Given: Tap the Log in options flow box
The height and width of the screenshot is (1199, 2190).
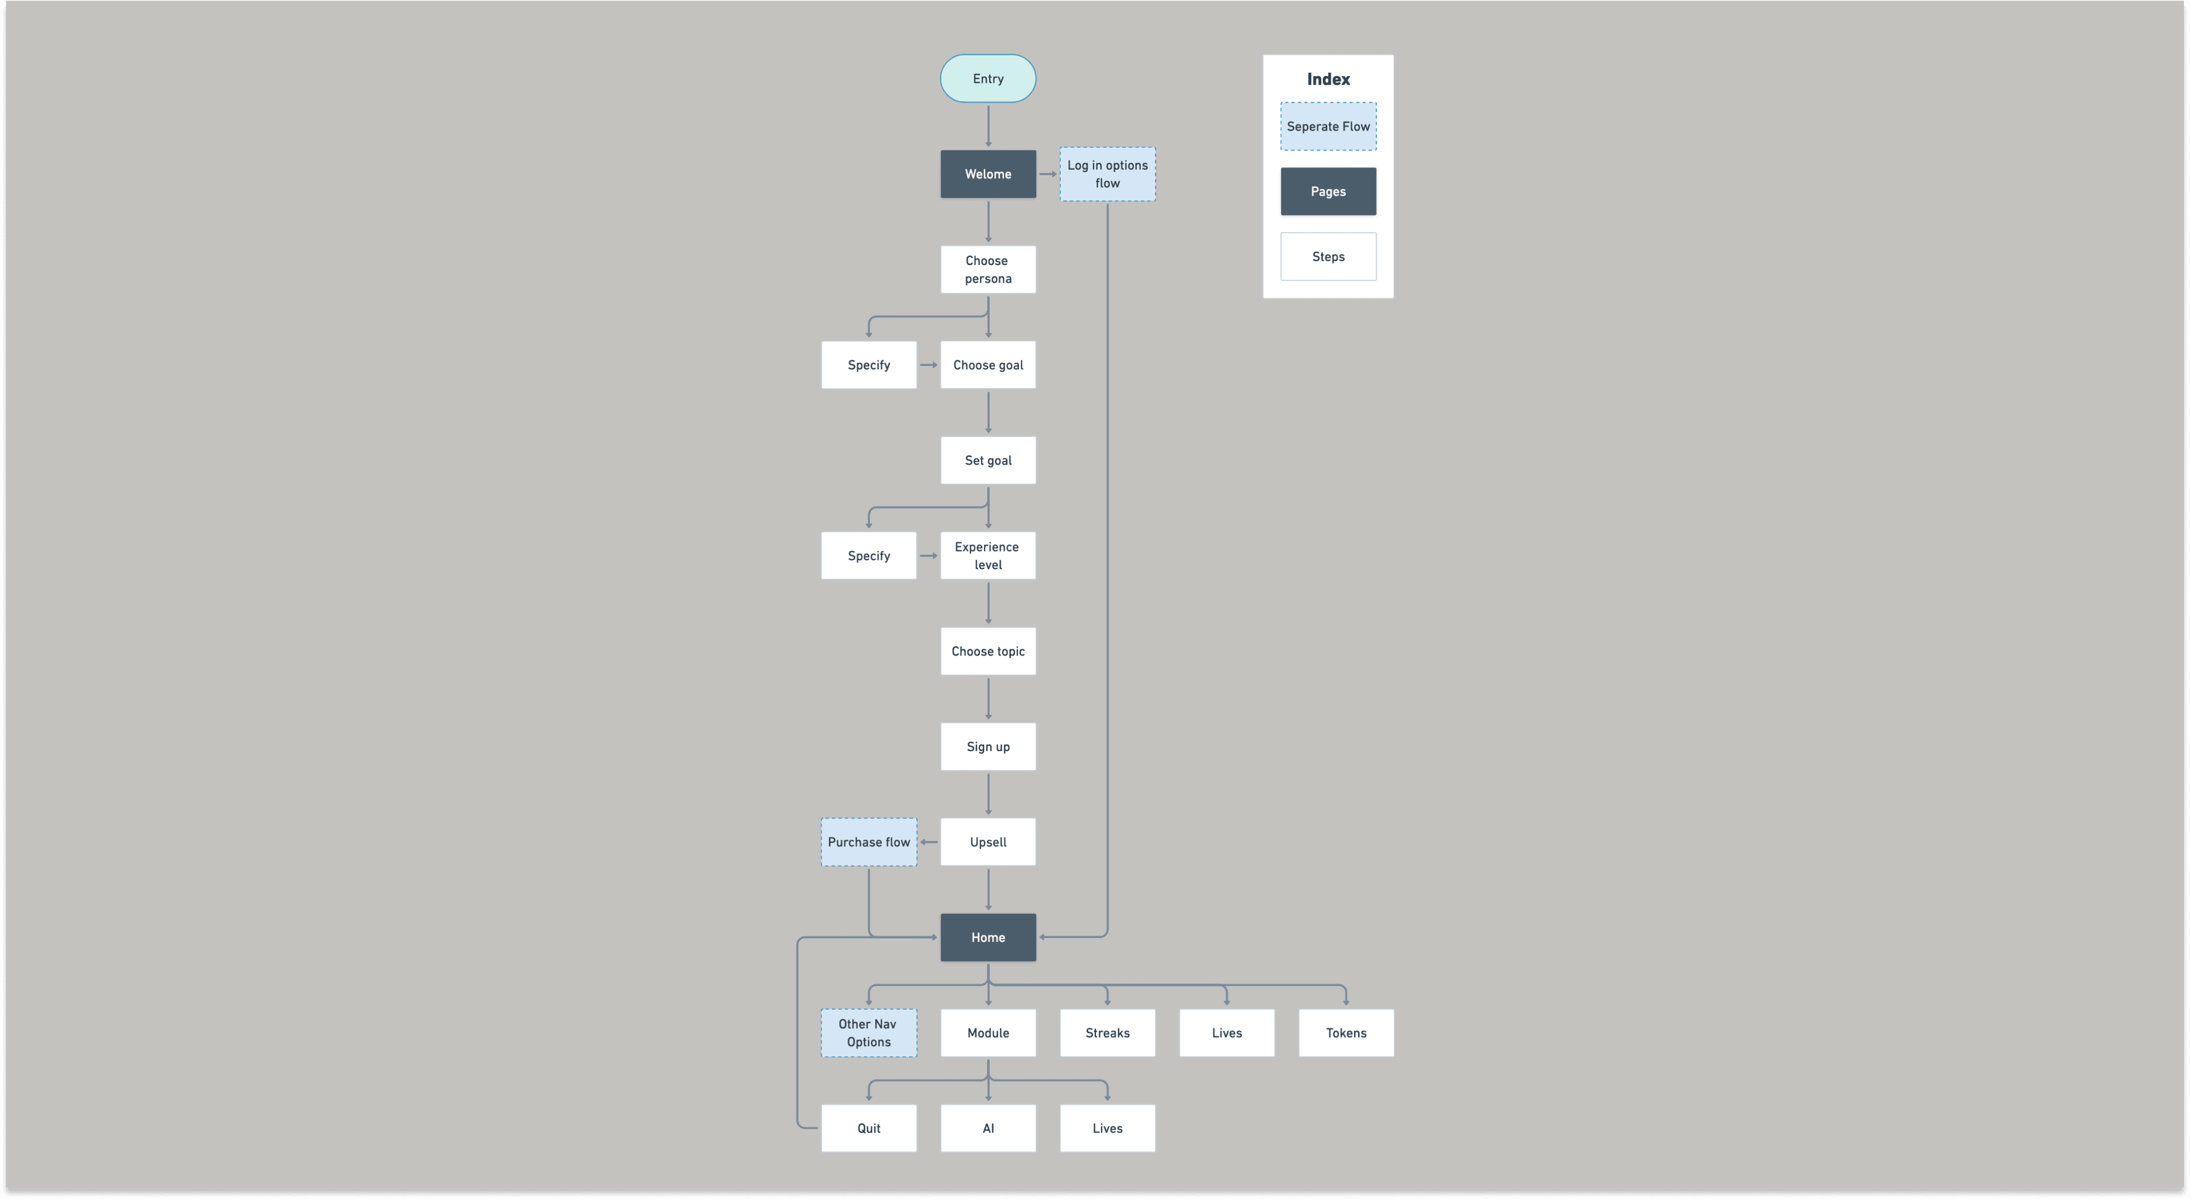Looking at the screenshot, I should tap(1107, 174).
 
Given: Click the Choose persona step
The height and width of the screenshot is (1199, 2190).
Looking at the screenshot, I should tap(988, 270).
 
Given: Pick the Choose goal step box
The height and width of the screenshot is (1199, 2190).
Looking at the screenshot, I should tap(988, 365).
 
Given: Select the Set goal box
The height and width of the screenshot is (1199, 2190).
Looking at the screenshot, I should tap(988, 460).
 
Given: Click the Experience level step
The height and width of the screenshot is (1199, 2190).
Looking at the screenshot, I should tap(988, 556).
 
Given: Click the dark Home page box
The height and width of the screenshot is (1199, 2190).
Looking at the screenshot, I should tap(988, 937).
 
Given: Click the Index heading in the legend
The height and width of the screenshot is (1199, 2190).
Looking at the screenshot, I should tap(1328, 79).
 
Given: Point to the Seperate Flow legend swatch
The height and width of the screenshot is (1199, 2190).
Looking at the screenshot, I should tap(1328, 126).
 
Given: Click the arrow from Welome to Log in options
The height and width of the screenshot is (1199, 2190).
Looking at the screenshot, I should tap(1048, 174).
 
